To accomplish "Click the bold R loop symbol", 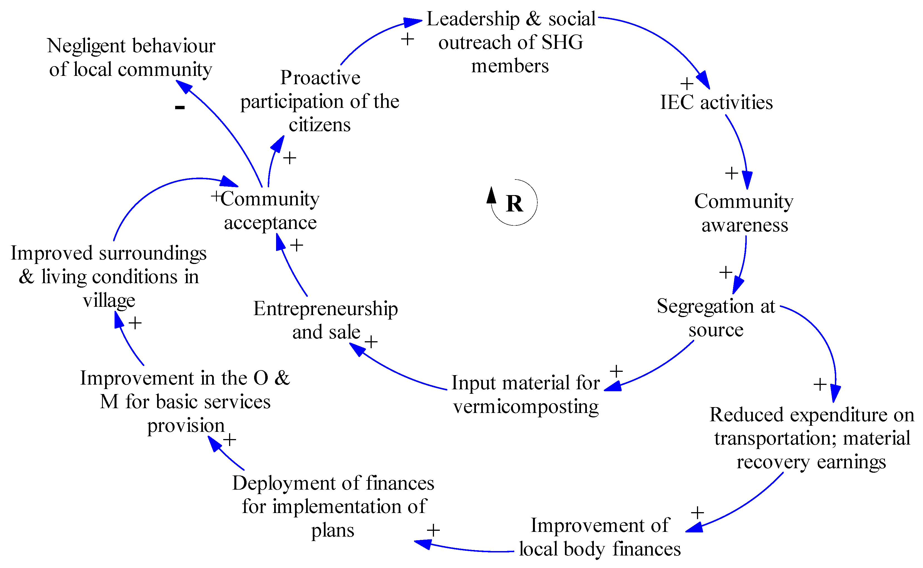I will point(514,204).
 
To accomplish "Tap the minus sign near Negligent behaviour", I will point(180,108).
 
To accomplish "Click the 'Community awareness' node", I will point(744,213).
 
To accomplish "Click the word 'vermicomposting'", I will point(526,407).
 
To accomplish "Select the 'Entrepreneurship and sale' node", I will point(326,320).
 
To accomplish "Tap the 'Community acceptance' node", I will point(270,210).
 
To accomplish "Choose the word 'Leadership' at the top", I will point(473,19).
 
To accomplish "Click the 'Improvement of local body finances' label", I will point(600,537).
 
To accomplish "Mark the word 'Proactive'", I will point(320,78).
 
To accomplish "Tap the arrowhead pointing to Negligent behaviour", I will point(184,86).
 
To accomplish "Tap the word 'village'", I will point(109,300).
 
